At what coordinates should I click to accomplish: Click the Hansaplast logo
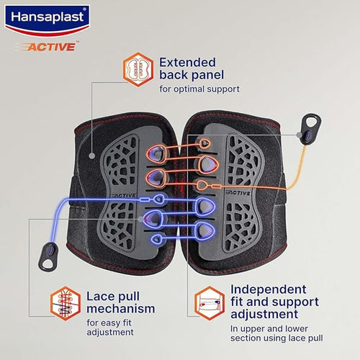pos(47,20)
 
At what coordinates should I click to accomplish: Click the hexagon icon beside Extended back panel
pos(138,70)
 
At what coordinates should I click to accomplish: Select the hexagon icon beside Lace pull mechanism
pos(66,303)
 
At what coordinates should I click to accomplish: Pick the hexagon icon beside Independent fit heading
pos(210,303)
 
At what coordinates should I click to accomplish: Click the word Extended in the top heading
pos(187,63)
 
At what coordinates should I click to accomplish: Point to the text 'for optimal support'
pos(199,89)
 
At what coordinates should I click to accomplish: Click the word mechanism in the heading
pos(121,309)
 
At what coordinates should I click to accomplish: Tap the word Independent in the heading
pos(269,289)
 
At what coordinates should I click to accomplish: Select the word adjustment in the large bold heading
pos(264,315)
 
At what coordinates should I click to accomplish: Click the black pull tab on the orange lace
pos(312,128)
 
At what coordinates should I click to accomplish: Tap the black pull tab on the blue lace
pos(48,256)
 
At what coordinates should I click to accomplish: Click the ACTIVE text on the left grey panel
pos(124,196)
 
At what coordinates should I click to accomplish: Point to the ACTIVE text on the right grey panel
pos(238,193)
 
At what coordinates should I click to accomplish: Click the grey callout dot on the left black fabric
pos(91,156)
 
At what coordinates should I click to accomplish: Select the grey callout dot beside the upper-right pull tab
pos(299,135)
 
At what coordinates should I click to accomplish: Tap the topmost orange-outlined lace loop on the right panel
pos(204,144)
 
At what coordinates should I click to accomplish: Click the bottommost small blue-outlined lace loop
pos(157,238)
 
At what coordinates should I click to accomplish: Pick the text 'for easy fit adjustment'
pos(110,328)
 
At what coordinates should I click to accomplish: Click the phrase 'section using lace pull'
pos(276,338)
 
